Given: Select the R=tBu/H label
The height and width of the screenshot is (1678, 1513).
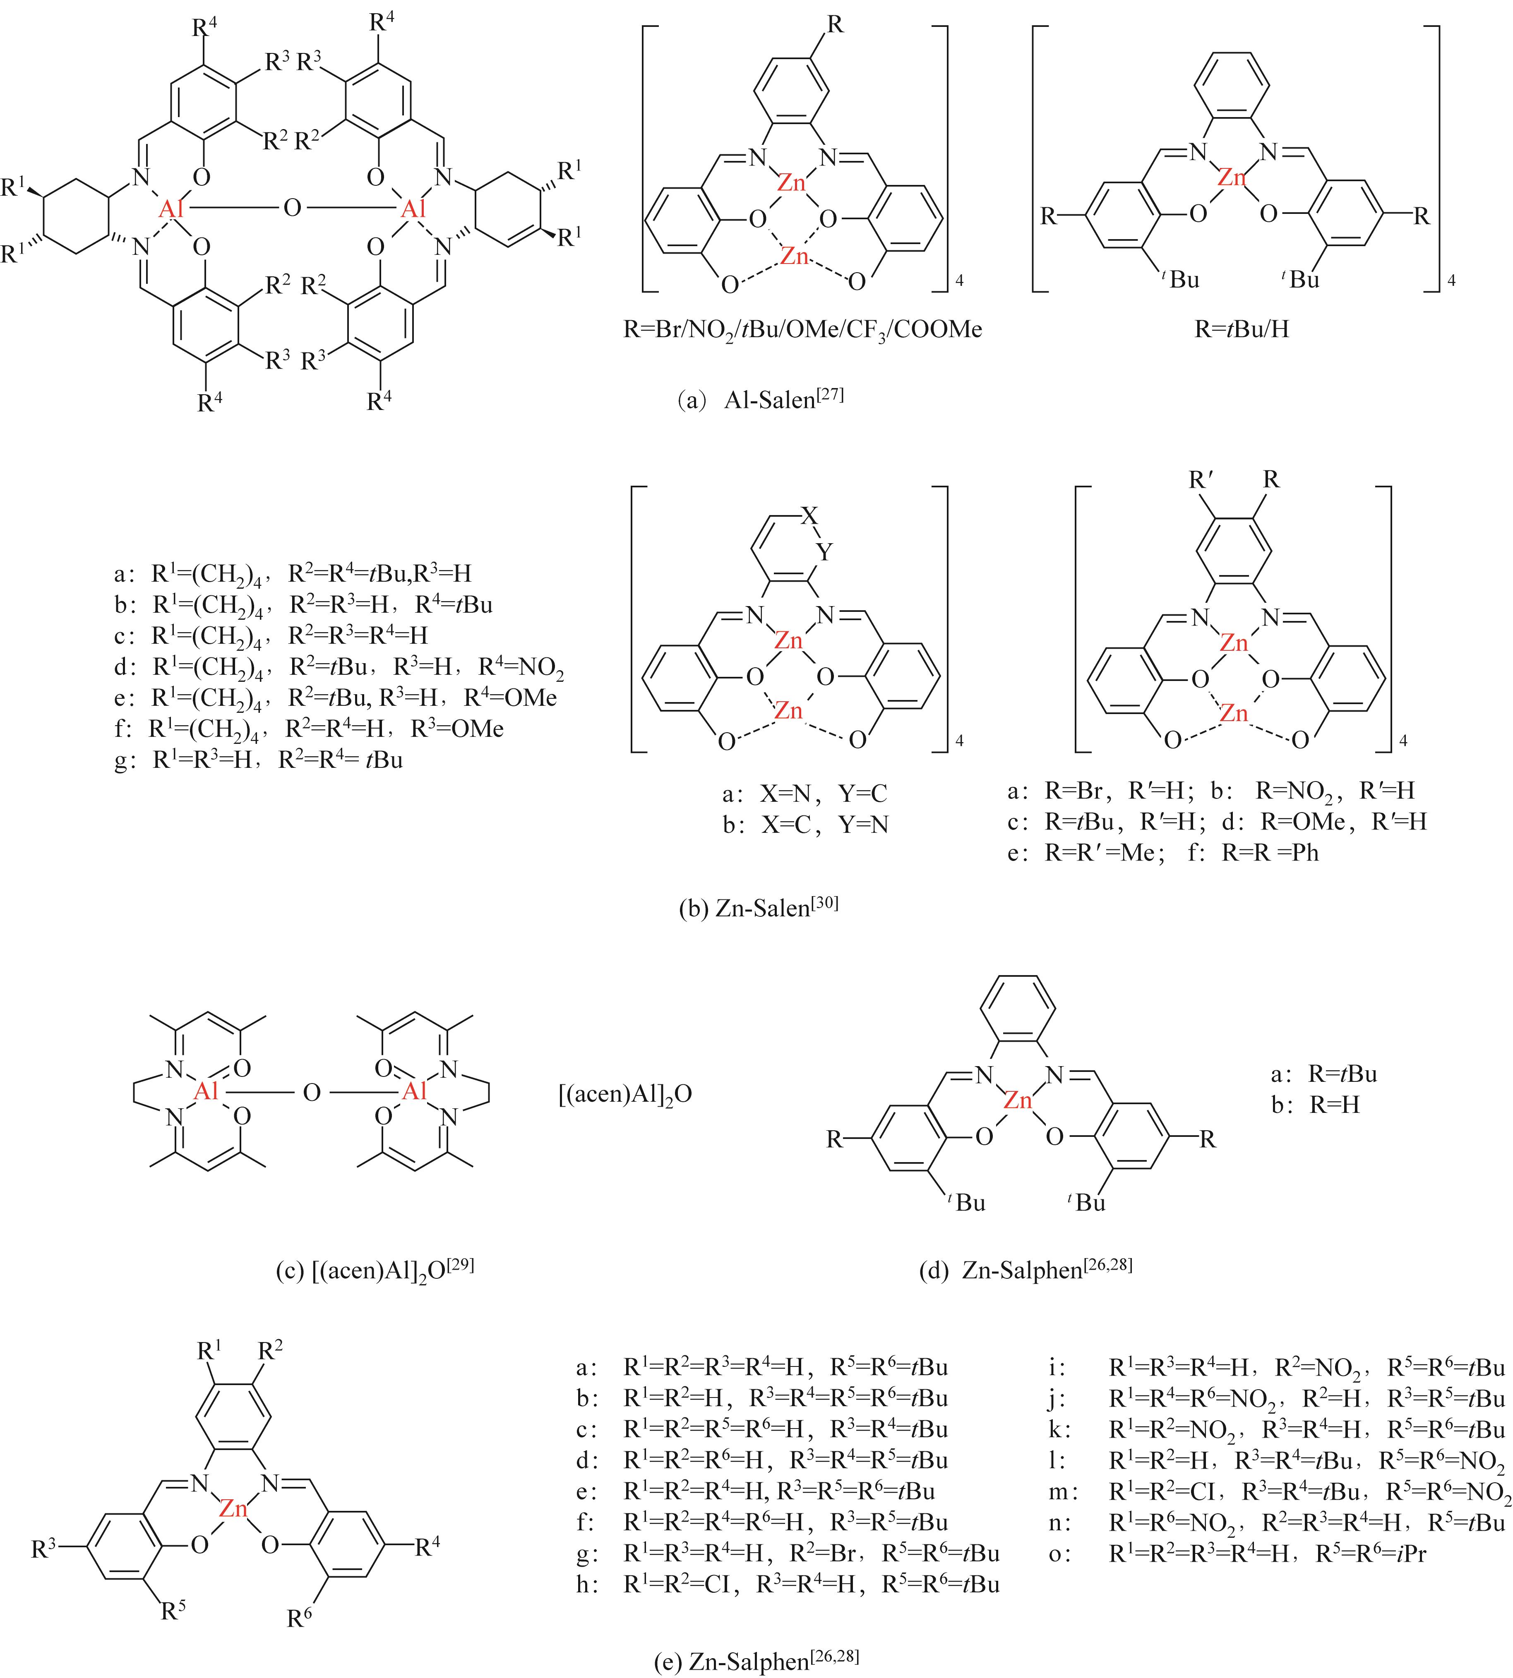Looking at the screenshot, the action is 1242,329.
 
